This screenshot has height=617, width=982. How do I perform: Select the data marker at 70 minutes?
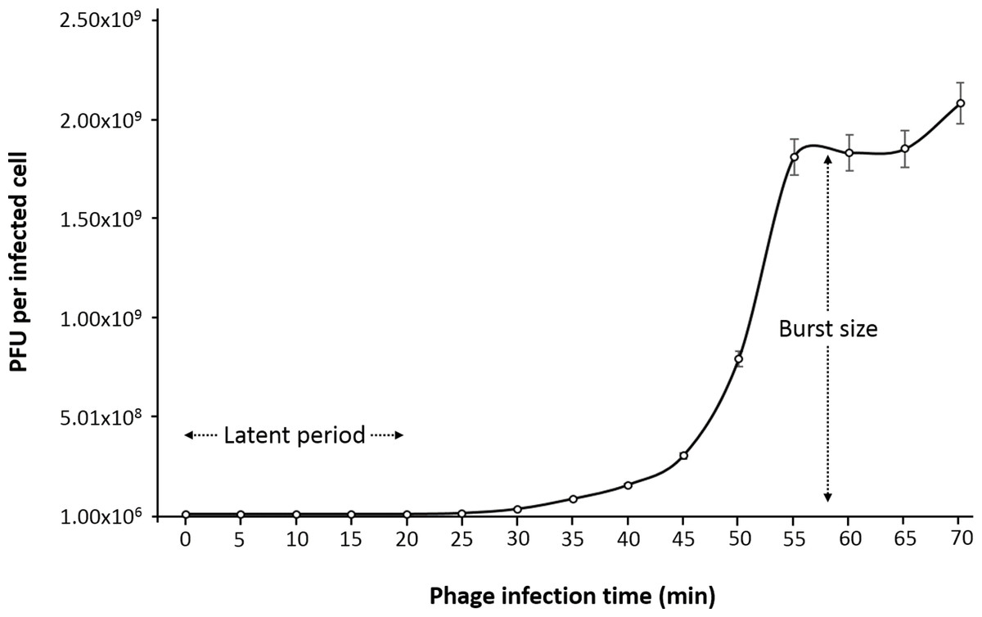pyautogui.click(x=960, y=103)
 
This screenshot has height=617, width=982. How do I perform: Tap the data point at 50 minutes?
pyautogui.click(x=738, y=359)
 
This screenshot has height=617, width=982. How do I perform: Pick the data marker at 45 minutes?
pyautogui.click(x=683, y=456)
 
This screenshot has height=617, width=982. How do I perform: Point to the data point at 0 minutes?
pyautogui.click(x=186, y=515)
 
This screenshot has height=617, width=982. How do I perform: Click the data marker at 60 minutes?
pyautogui.click(x=849, y=153)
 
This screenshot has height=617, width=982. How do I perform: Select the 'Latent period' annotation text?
pyautogui.click(x=294, y=436)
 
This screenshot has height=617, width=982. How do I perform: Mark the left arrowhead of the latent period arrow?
pyautogui.click(x=188, y=436)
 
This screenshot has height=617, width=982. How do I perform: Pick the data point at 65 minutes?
pyautogui.click(x=905, y=149)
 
